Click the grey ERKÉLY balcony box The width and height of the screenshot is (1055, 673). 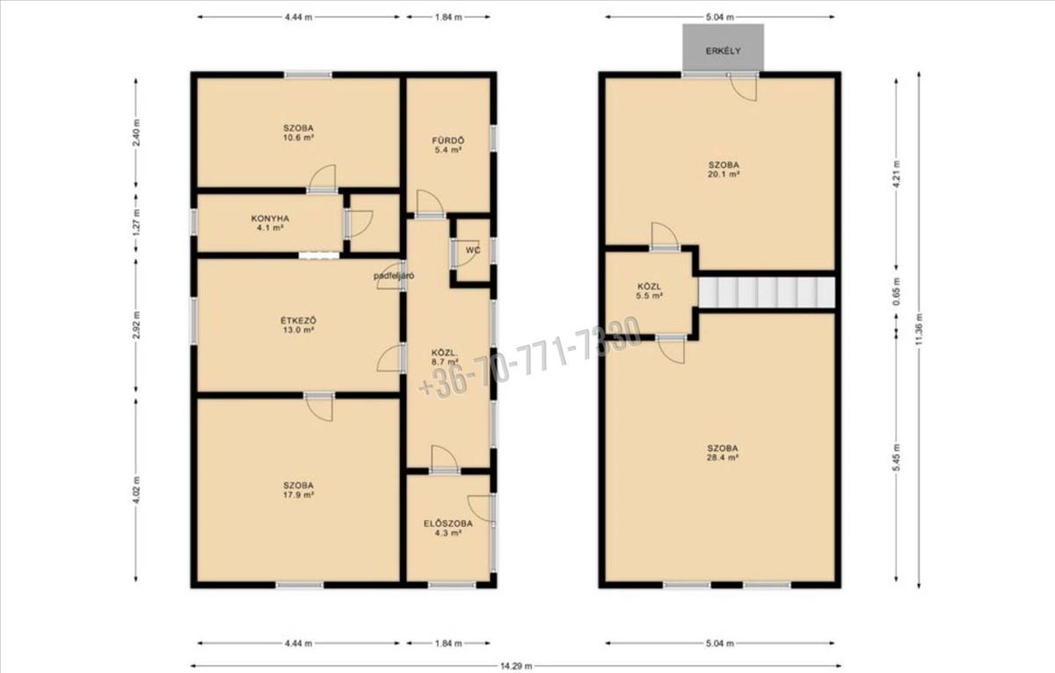pyautogui.click(x=723, y=47)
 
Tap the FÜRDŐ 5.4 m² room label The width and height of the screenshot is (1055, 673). pyautogui.click(x=447, y=146)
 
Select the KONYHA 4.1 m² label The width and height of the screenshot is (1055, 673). pyautogui.click(x=270, y=223)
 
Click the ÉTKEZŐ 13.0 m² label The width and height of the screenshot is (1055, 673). pyautogui.click(x=299, y=325)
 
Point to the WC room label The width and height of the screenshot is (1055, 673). pyautogui.click(x=473, y=250)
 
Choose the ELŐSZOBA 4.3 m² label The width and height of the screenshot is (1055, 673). pyautogui.click(x=447, y=528)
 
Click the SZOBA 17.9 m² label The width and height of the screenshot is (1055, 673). pyautogui.click(x=298, y=490)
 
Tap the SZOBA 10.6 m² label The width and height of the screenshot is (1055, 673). pyautogui.click(x=298, y=133)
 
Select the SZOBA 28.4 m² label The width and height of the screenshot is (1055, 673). pyautogui.click(x=723, y=452)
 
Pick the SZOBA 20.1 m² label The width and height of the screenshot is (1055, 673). pyautogui.click(x=724, y=170)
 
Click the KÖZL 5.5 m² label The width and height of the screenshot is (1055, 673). pyautogui.click(x=650, y=291)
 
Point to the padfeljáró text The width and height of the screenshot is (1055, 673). pyautogui.click(x=394, y=276)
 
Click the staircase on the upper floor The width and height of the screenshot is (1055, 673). pyautogui.click(x=767, y=293)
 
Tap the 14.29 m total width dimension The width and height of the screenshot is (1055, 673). pyautogui.click(x=516, y=666)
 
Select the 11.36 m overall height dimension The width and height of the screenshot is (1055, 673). pyautogui.click(x=919, y=329)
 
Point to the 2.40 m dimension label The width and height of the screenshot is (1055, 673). pyautogui.click(x=136, y=133)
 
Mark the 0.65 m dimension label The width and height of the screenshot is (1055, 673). pyautogui.click(x=896, y=291)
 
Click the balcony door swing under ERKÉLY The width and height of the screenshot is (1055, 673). pyautogui.click(x=744, y=88)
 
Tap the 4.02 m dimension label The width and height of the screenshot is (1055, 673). pyautogui.click(x=136, y=490)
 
